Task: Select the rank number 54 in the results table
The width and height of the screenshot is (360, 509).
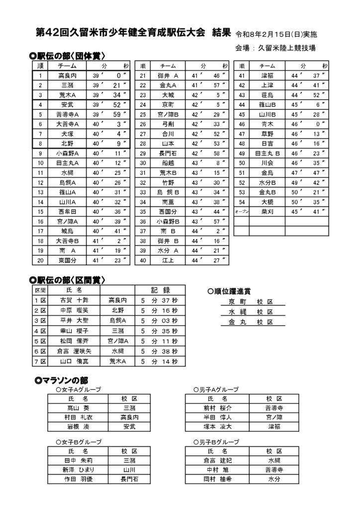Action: (242, 202)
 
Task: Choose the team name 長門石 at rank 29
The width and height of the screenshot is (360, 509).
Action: (167, 154)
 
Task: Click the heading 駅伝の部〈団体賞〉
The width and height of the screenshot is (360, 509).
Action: (70, 56)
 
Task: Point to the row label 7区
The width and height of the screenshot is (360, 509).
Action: (40, 362)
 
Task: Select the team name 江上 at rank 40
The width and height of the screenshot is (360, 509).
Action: (167, 260)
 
